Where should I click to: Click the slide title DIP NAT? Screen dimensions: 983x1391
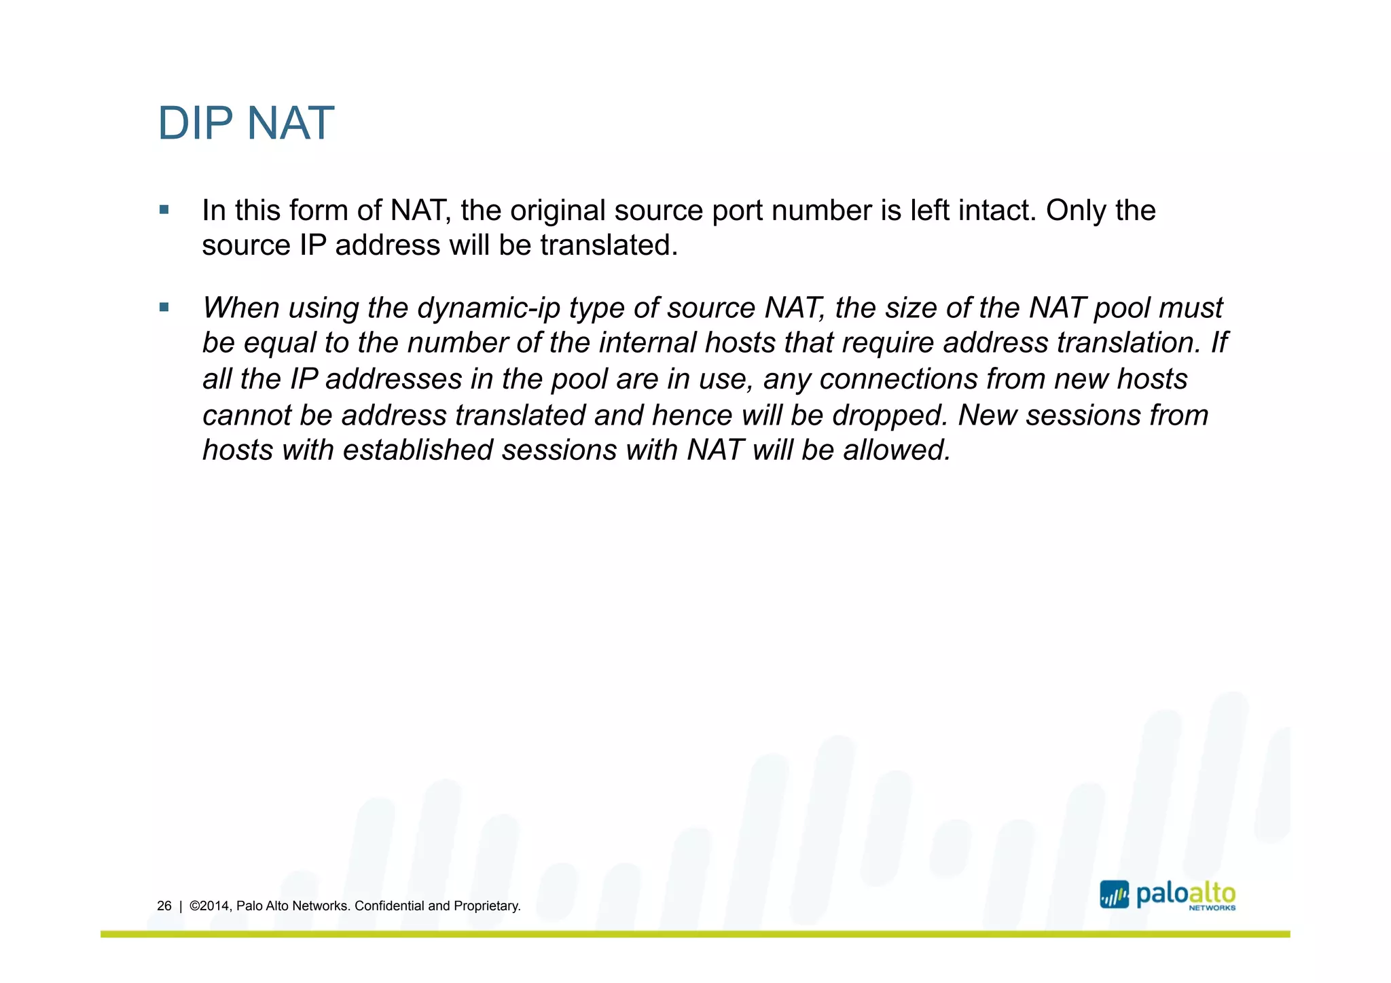[x=246, y=124]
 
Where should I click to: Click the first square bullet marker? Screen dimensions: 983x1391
[x=164, y=210]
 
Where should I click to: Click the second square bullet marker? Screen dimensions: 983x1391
[x=164, y=308]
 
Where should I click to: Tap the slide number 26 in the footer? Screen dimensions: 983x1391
[x=164, y=906]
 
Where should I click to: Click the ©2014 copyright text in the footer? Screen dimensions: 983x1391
[x=211, y=906]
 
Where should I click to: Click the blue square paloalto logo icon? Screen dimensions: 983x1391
[x=1114, y=895]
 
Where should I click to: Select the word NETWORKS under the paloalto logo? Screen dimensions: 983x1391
[x=1212, y=908]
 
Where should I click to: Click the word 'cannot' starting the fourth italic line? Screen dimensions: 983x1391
[x=247, y=415]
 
